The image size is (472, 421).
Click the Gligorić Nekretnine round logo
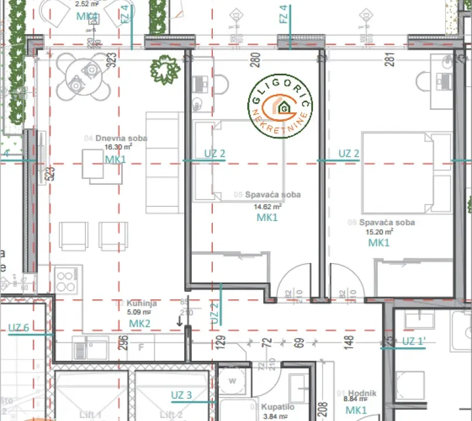tap(280, 106)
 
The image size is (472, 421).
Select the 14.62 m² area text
tap(267, 206)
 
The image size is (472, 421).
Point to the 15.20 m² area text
tap(379, 232)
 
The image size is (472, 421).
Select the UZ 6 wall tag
tap(19, 327)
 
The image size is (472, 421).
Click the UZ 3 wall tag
tap(181, 395)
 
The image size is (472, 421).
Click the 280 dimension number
tap(255, 58)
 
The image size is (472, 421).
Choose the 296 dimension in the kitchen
tap(123, 343)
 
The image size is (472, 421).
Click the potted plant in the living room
tap(165, 70)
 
